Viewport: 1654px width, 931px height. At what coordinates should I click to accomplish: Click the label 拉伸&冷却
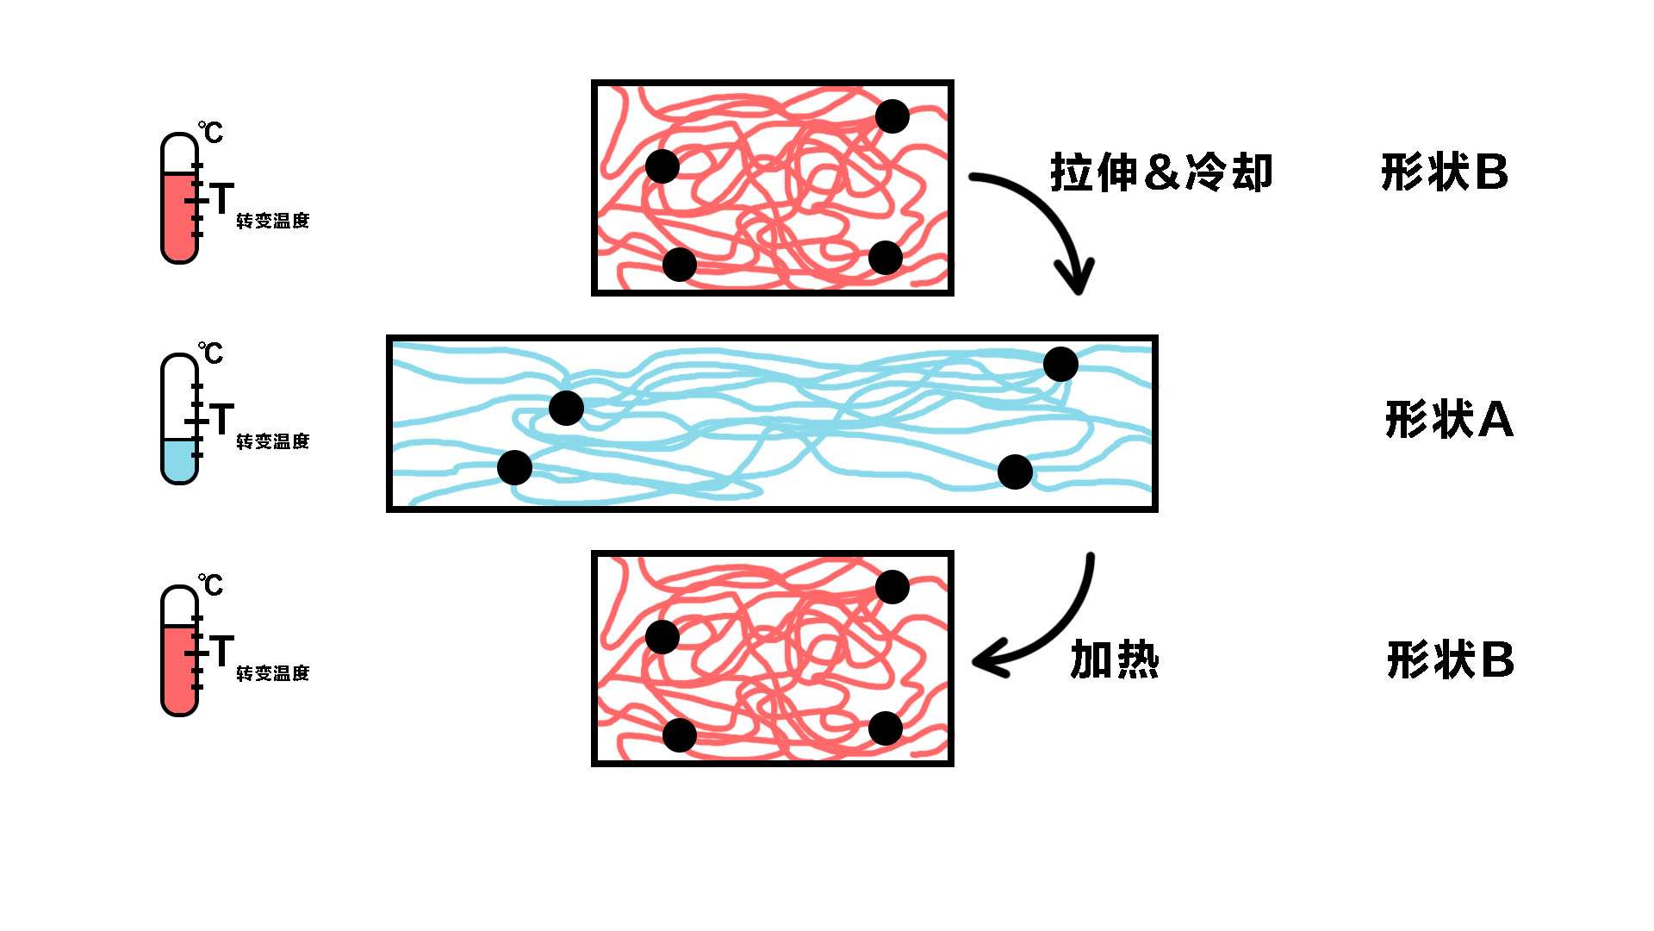[1161, 172]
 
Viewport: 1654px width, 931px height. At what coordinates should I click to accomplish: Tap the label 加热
[1115, 660]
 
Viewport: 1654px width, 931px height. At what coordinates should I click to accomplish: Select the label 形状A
[1449, 420]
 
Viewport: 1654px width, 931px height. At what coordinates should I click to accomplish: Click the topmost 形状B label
[1445, 172]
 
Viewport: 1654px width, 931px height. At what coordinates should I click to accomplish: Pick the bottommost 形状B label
[1451, 660]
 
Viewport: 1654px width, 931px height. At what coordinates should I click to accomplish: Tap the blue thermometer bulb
[179, 462]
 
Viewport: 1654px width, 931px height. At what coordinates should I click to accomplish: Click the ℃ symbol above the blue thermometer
[211, 353]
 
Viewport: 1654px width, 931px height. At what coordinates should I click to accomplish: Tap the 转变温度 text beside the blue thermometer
[272, 441]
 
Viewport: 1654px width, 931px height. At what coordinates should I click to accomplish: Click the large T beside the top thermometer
[221, 199]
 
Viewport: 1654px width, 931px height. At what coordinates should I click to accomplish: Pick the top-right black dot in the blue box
[1060, 364]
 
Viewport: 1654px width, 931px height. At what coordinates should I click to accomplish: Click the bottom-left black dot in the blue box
[514, 467]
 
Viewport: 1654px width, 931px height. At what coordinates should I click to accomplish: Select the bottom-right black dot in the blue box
[1015, 472]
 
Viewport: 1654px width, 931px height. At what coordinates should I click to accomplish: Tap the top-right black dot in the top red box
[892, 116]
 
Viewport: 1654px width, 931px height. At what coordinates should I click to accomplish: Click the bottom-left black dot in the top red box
[679, 264]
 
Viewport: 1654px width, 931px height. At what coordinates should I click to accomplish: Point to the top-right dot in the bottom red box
[892, 587]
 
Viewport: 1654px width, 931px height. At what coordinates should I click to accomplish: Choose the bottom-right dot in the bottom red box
[885, 728]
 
